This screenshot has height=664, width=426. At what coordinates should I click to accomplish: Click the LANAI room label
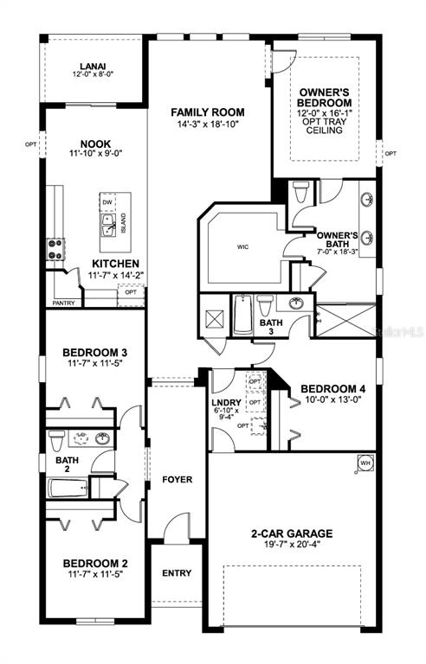point(93,65)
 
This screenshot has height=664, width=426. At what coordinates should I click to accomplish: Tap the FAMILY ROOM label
point(207,112)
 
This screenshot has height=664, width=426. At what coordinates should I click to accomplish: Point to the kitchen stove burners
point(55,249)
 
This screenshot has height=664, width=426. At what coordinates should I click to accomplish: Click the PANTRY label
point(63,303)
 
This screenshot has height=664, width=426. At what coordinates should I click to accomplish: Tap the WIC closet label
point(243,246)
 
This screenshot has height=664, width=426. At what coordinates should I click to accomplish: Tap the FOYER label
point(177,480)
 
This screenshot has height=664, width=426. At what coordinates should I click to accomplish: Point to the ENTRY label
point(177,573)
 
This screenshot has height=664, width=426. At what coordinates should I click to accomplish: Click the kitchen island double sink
point(110,226)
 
